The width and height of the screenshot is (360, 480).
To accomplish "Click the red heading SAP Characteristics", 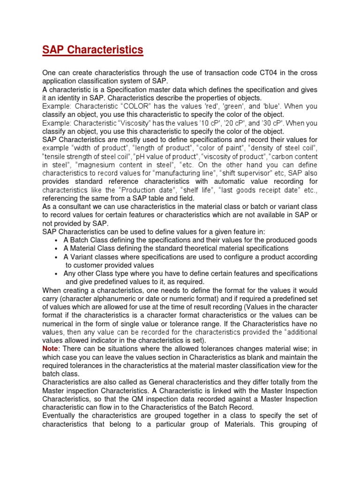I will coord(93,50).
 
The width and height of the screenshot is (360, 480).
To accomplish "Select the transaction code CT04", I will coord(269,73).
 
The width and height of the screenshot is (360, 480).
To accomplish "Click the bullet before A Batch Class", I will coord(56,240).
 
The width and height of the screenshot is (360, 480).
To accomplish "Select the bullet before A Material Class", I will coord(56,249).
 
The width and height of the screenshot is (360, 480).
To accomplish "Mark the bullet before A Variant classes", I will coord(56,257).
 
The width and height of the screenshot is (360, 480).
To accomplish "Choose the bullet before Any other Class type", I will coord(56,274).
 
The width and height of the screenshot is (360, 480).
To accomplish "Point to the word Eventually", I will coord(60,416).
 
